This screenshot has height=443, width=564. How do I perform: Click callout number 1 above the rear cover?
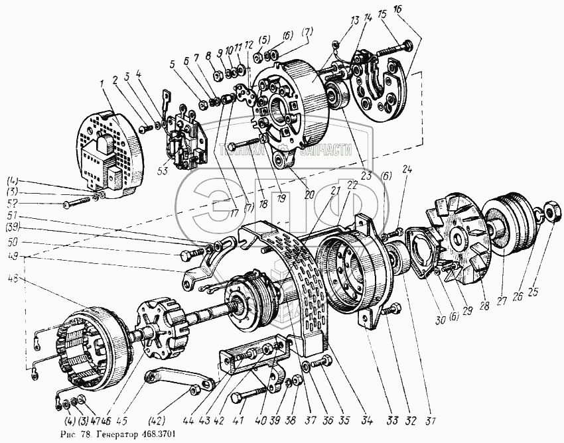[103, 85]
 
